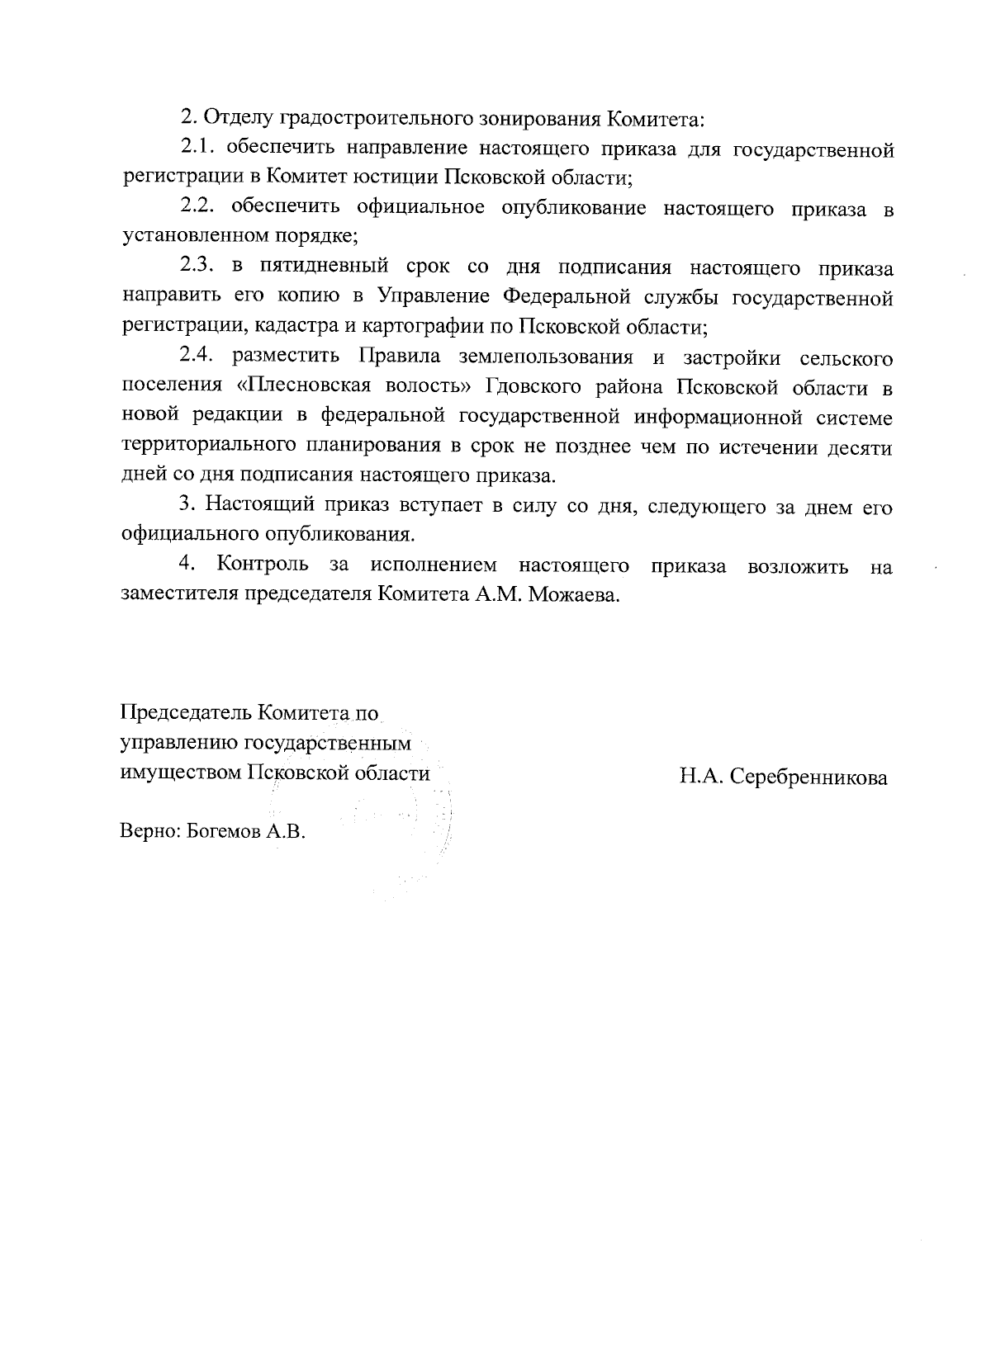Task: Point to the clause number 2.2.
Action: coord(197,208)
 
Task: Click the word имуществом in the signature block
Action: coord(181,773)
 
